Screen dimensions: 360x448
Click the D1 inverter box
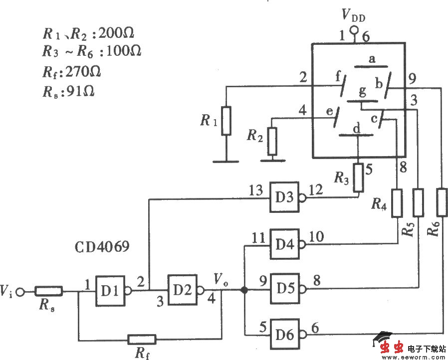tap(110, 289)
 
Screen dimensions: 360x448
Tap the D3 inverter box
tap(284, 196)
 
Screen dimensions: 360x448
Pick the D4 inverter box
tap(284, 245)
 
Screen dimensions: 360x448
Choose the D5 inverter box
tap(284, 288)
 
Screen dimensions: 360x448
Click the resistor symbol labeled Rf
tap(142, 340)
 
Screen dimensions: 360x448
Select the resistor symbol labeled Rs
tap(49, 290)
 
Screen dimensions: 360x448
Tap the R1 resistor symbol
tap(226, 121)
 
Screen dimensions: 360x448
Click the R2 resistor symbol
tap(272, 141)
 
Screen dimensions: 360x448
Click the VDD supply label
tap(353, 16)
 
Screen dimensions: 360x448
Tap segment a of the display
tap(371, 65)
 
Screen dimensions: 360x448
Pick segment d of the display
tap(356, 135)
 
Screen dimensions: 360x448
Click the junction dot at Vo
tap(244, 290)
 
